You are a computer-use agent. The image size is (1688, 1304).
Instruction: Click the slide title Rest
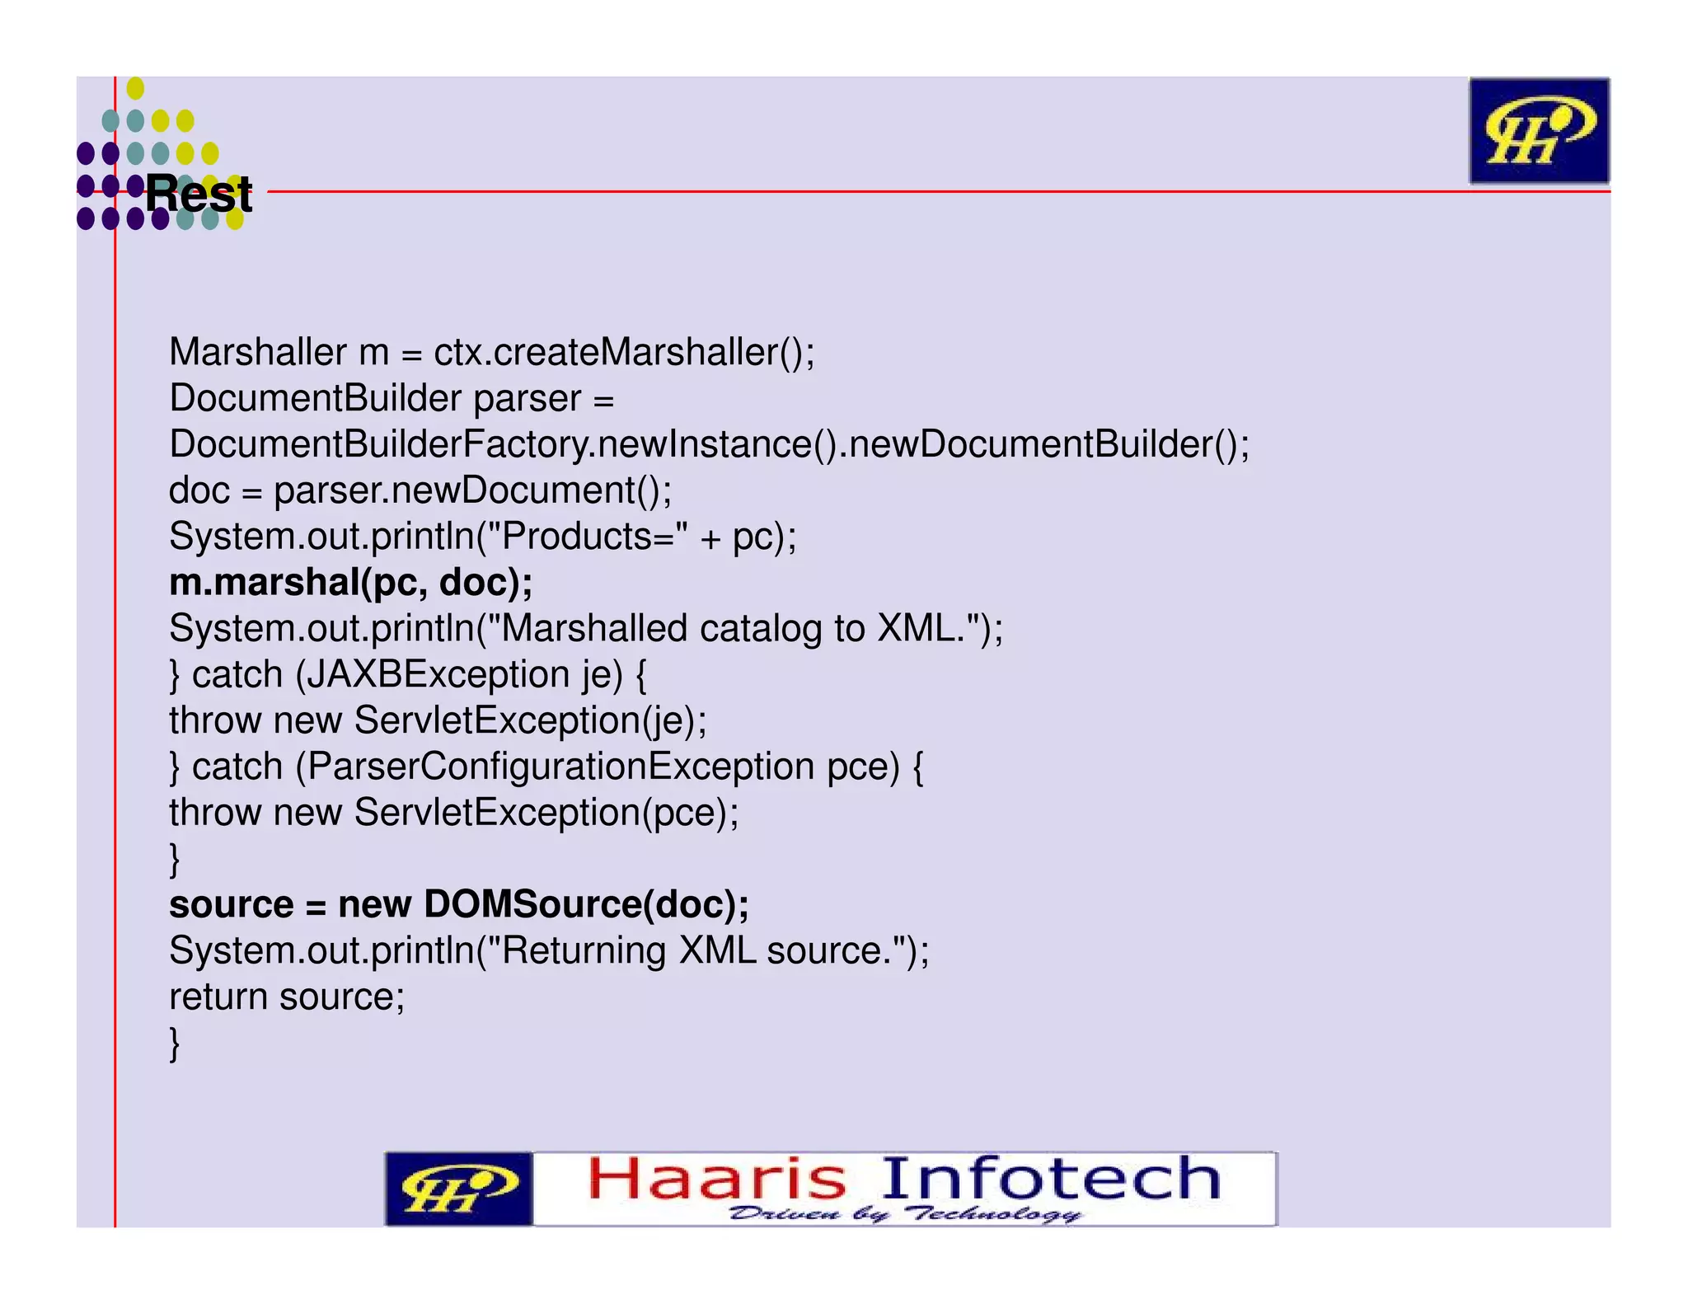(x=199, y=195)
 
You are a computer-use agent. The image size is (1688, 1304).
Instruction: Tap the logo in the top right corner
(x=1539, y=130)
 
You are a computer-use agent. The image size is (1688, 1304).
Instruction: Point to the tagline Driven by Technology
(x=905, y=1213)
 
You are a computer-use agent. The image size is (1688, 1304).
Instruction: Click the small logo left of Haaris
(x=458, y=1189)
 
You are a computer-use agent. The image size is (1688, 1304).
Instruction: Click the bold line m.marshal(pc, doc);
(x=351, y=583)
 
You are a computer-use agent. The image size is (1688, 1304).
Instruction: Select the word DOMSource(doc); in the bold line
(x=586, y=904)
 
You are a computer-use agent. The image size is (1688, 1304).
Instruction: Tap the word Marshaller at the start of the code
(x=257, y=352)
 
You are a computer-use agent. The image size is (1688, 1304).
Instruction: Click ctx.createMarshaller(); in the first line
(x=624, y=352)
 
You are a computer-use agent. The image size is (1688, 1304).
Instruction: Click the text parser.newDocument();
(x=472, y=490)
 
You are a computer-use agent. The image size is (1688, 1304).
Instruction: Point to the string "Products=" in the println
(x=594, y=537)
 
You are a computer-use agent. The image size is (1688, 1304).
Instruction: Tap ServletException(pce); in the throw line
(x=546, y=813)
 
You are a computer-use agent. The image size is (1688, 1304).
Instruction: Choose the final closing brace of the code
(x=175, y=1044)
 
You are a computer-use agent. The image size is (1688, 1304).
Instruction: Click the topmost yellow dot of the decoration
(x=135, y=87)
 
